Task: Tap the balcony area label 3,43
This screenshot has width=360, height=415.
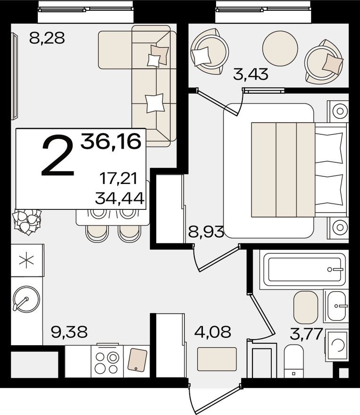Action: coord(251,74)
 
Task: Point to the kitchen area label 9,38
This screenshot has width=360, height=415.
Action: coord(70,332)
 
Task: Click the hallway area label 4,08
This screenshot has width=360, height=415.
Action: coord(213,332)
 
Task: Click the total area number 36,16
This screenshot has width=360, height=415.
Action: coord(111,141)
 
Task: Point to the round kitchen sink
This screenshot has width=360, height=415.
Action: coord(26,298)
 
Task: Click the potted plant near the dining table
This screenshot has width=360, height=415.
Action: coord(27,222)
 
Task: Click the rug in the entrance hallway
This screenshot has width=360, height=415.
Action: coord(217,359)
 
